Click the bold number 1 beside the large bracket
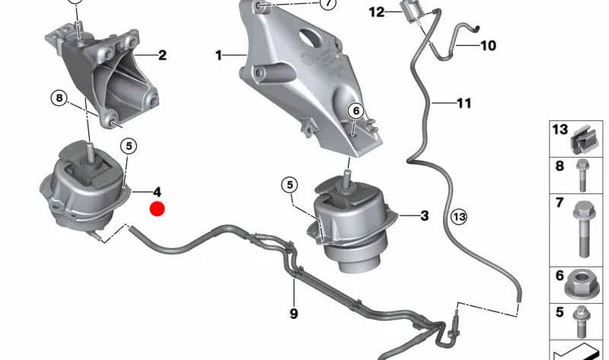pos(219,56)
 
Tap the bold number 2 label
pos(162,55)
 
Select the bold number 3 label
pos(424,216)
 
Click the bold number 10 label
pos(487,46)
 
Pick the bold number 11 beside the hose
pos(464,102)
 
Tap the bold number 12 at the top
pos(378,12)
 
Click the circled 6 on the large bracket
pos(355,111)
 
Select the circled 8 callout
pos(60,97)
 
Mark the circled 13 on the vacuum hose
pos(458,217)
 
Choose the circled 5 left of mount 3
pos(289,184)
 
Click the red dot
pos(158,209)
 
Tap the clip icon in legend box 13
pos(582,137)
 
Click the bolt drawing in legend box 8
pos(583,174)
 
